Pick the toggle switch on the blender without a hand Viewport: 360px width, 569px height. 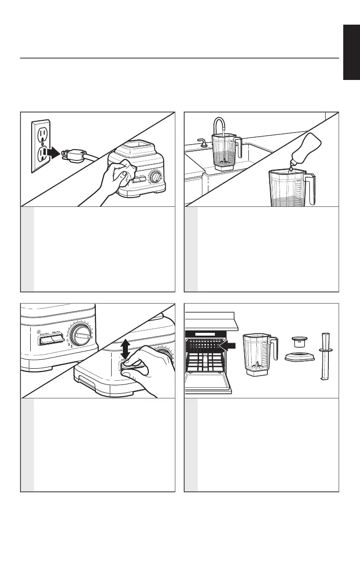point(51,341)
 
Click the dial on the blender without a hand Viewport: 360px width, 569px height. point(82,335)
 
